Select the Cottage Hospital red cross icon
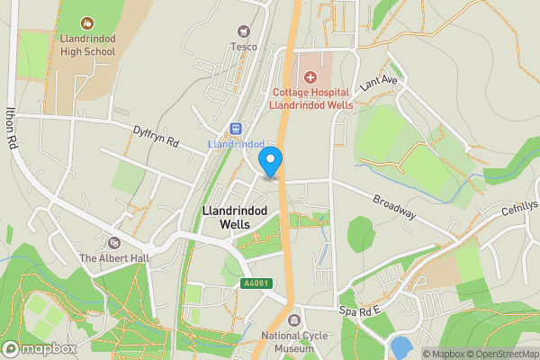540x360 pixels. click(310, 79)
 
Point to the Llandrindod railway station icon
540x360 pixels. click(236, 129)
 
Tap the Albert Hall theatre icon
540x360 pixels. click(113, 243)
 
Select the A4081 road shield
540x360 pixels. click(256, 283)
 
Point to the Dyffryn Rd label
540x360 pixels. click(157, 136)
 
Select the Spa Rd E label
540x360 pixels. click(360, 310)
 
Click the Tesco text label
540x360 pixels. click(243, 47)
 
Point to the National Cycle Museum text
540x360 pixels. click(293, 343)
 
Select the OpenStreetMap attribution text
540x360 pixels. click(500, 354)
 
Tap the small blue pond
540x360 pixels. click(401, 347)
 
